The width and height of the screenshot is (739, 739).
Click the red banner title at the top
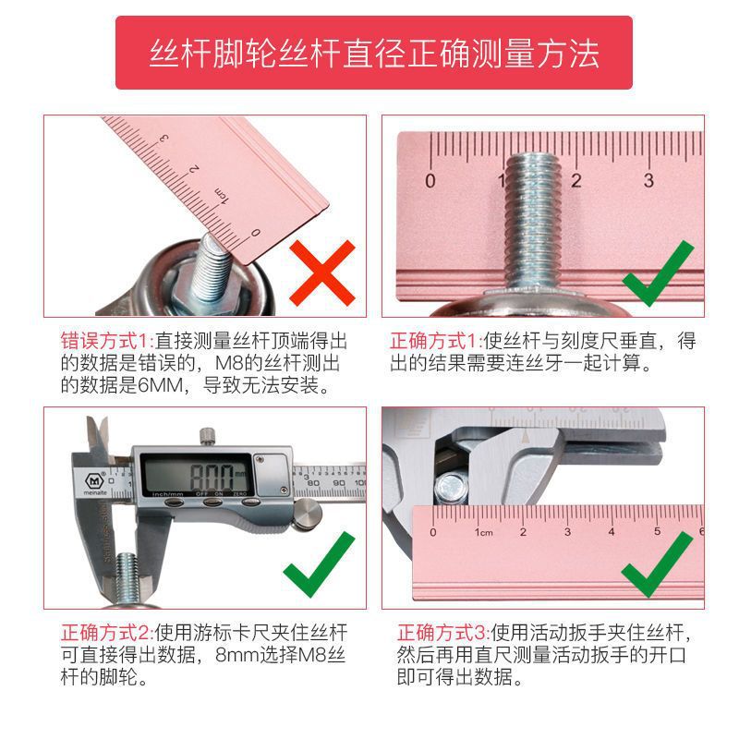coord(373,53)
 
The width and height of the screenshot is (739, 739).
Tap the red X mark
coord(322,272)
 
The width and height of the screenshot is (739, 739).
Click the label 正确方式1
coord(436,340)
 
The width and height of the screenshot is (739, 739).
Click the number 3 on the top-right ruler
coord(648,180)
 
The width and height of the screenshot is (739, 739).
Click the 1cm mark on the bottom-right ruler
coord(481,532)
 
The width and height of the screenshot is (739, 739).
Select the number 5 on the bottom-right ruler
coord(657,531)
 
